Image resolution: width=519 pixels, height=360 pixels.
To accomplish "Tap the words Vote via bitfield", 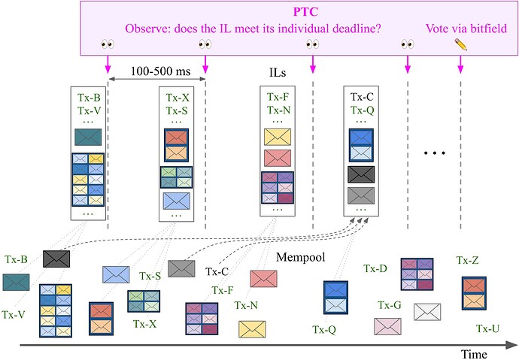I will [466, 29].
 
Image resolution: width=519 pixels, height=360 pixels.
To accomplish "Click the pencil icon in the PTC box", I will [460, 45].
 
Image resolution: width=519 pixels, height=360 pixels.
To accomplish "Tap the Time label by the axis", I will [475, 353].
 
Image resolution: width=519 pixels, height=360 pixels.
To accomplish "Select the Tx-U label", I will [488, 328].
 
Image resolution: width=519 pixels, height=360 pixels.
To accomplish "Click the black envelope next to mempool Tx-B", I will [56, 259].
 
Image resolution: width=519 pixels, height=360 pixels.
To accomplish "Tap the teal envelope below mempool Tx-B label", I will [15, 282].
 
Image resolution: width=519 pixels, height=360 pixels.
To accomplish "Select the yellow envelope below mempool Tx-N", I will [252, 328].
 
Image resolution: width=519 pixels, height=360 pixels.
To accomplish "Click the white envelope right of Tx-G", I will [427, 311].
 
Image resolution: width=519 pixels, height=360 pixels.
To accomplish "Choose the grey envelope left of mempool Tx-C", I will [181, 268].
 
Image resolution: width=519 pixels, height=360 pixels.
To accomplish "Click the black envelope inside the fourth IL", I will [361, 174].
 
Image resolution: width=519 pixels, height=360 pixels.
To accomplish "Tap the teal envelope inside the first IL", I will [88, 138].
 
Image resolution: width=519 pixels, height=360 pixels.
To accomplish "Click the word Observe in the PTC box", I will [149, 29].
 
